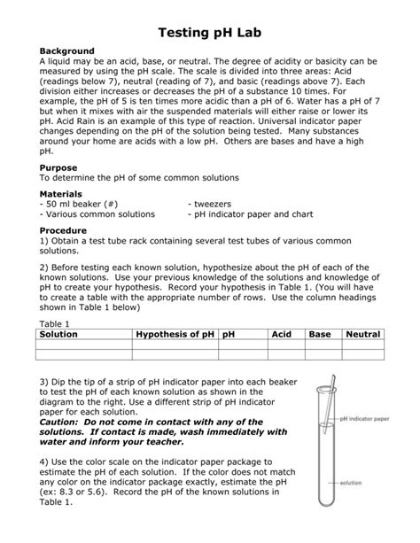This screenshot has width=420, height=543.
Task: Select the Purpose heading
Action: coord(58,167)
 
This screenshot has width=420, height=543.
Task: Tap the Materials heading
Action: coord(62,193)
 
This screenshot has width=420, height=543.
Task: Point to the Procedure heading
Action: coord(65,229)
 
